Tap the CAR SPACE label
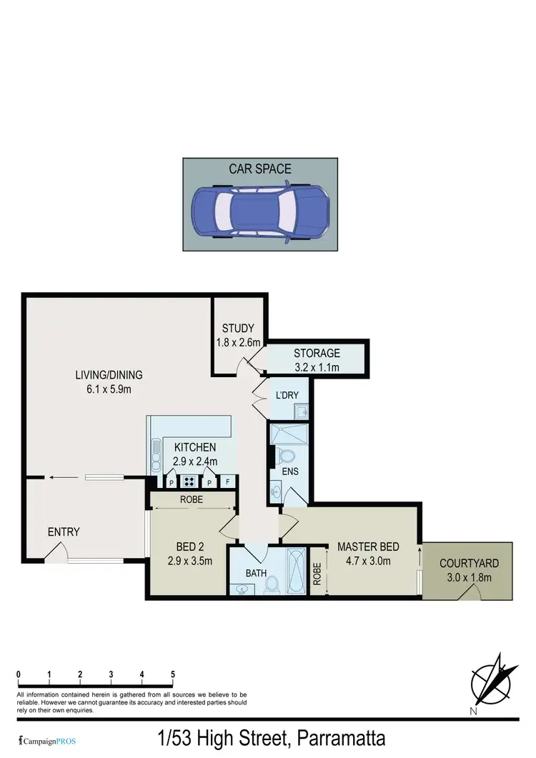coord(260,169)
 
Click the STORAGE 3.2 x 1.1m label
coord(317,360)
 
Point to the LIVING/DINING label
coord(110,382)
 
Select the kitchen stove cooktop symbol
coord(189,481)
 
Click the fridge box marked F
coord(228,481)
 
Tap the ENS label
coord(290,472)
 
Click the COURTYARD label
coord(469,570)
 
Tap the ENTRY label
coord(64,532)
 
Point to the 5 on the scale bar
coord(173,674)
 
